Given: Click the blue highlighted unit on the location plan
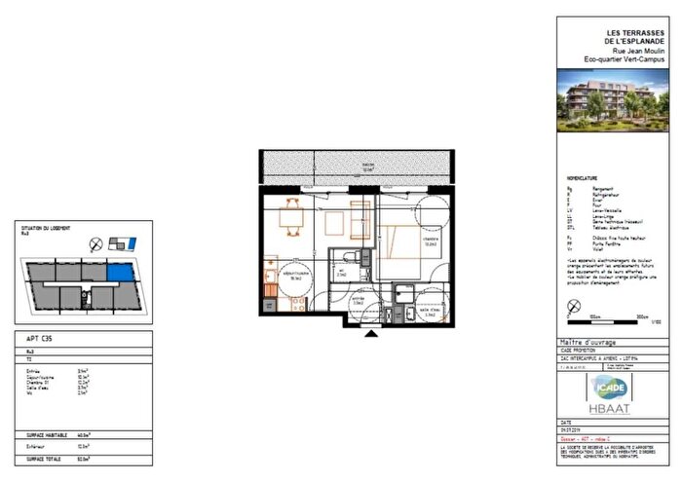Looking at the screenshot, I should click(117, 274).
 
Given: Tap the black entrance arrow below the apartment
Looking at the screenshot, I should click(372, 334).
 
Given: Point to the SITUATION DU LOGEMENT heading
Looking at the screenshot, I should click(46, 230).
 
